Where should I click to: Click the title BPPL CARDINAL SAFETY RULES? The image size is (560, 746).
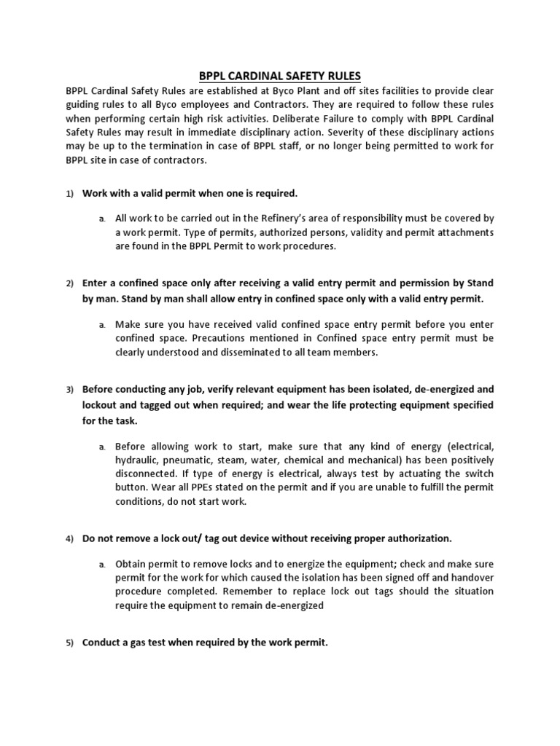[x=280, y=76]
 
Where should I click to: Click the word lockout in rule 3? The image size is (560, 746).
[x=99, y=404]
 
